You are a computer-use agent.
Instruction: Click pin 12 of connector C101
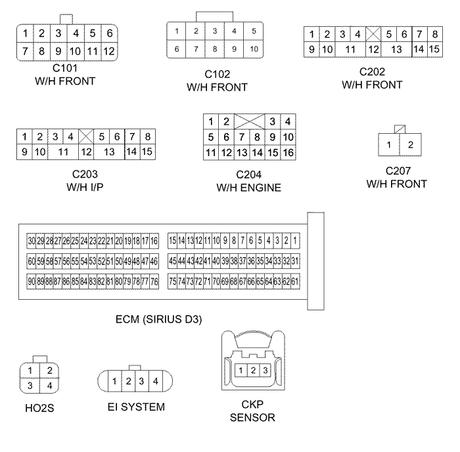click(109, 51)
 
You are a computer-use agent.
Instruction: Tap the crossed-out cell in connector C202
click(373, 33)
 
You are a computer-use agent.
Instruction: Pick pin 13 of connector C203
click(109, 152)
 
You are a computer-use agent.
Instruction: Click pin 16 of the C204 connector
click(288, 153)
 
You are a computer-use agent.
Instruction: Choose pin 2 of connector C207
click(411, 144)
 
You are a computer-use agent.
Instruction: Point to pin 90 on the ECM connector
click(31, 281)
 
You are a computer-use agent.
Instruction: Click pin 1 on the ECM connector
click(296, 241)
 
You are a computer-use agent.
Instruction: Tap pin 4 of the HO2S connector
click(49, 385)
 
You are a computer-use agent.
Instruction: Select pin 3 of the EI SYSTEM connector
click(141, 380)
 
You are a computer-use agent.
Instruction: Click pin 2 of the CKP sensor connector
click(253, 371)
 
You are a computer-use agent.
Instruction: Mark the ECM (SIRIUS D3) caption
click(158, 319)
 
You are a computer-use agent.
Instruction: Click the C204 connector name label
click(249, 176)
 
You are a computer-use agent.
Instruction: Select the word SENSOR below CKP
click(253, 417)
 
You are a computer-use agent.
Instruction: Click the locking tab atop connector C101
click(66, 18)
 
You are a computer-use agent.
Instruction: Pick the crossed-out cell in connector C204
click(249, 121)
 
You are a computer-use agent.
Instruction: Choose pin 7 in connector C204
click(241, 137)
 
